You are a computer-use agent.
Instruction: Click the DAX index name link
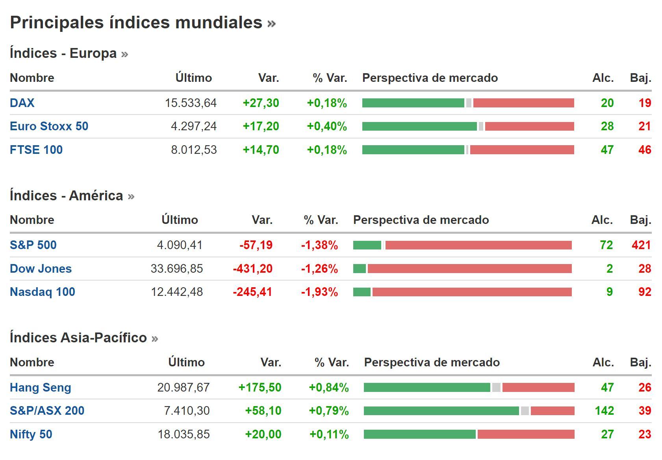pos(22,103)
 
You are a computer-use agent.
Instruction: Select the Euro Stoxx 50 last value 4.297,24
pos(194,126)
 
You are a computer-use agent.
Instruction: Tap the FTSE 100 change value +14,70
pos(261,150)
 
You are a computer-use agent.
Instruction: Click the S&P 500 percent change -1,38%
pos(319,245)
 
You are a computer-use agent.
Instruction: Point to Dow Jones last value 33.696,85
pos(176,269)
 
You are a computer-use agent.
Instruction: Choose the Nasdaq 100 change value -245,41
pos(252,292)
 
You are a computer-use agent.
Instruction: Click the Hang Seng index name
pos(41,388)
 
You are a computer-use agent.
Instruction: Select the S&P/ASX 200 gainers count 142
pos(604,411)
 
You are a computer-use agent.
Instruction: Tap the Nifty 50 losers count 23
pos(645,434)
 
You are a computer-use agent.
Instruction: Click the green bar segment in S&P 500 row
pos(367,245)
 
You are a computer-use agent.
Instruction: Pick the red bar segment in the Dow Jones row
pos(469,269)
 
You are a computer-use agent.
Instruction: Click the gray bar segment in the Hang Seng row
pos(496,388)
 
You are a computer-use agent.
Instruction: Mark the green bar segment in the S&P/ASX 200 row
pos(441,411)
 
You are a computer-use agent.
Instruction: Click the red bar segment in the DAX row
pos(523,103)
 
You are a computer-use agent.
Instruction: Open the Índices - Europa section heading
pos(63,53)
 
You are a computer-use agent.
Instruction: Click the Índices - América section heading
pos(67,196)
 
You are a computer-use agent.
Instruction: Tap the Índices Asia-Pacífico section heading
pos(78,338)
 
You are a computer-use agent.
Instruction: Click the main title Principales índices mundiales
pos(136,22)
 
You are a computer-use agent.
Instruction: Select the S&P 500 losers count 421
pos(641,245)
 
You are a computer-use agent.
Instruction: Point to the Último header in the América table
pos(180,220)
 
